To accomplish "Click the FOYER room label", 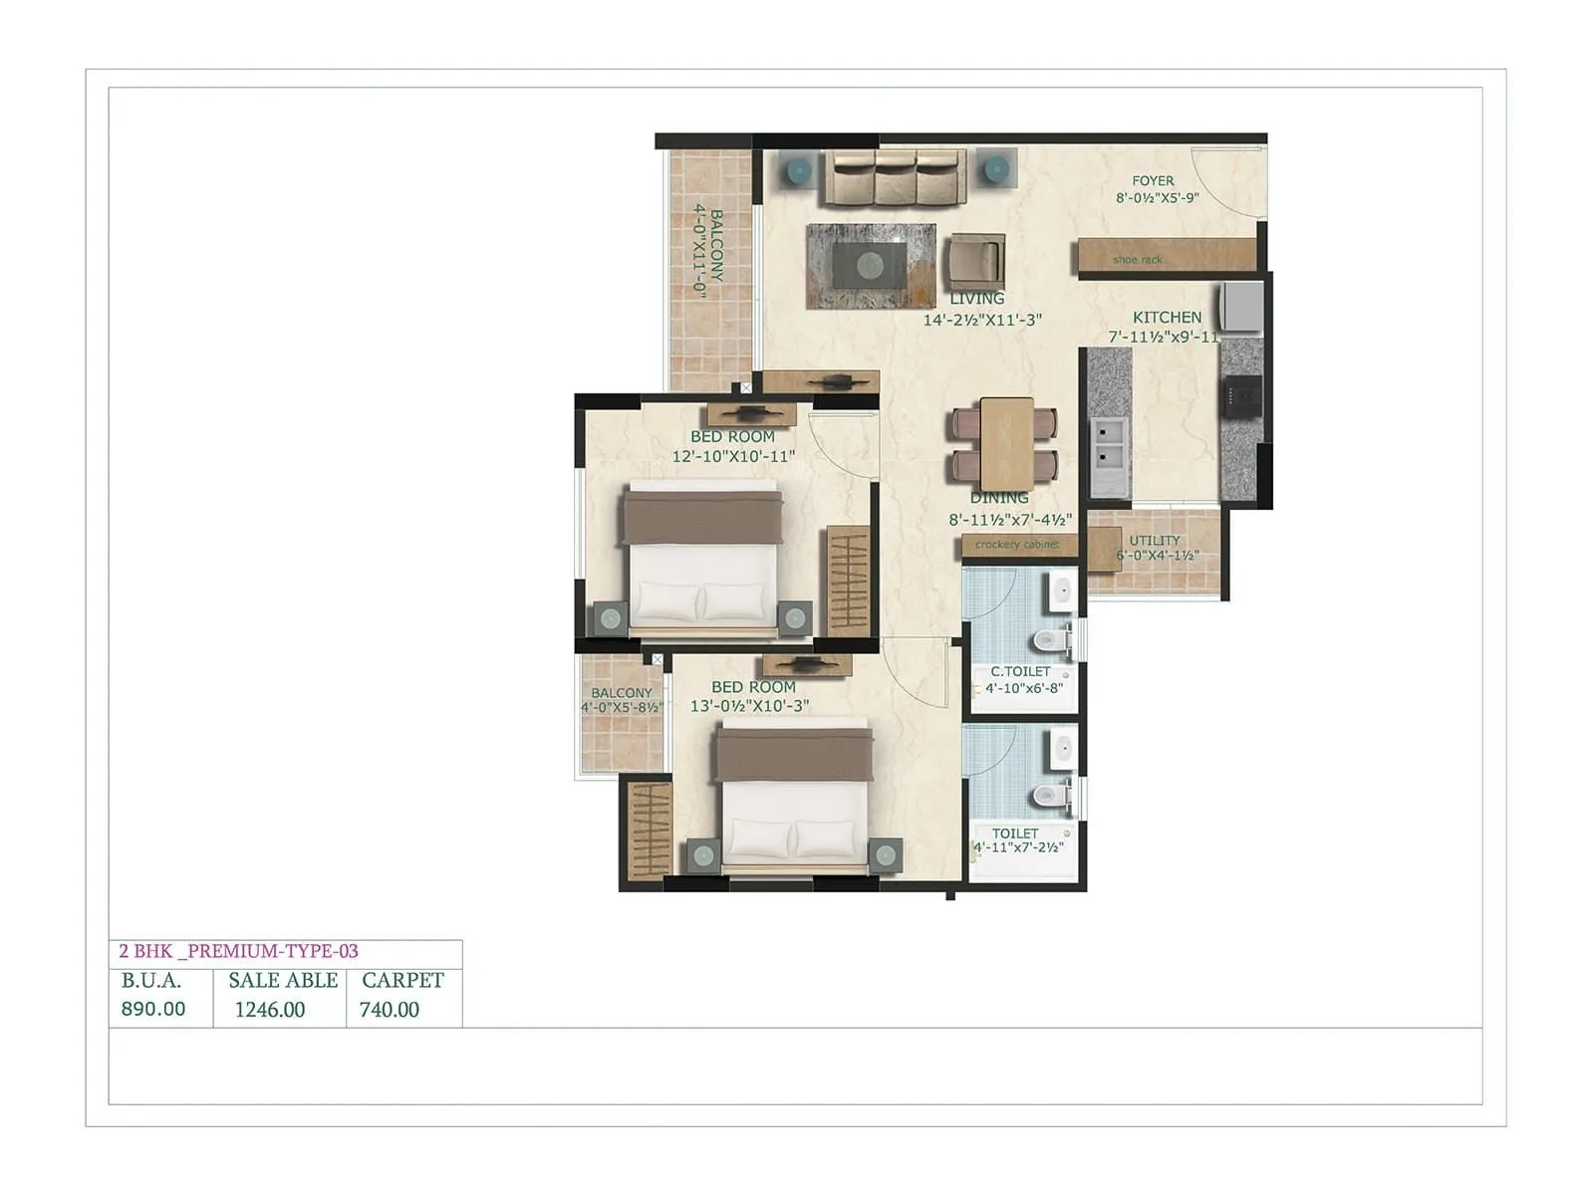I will (1153, 181).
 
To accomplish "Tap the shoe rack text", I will (1138, 260).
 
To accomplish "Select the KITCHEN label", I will (1167, 318).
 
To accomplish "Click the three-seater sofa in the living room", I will (894, 177).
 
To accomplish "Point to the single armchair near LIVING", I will (975, 261).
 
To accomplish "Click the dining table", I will (1006, 444).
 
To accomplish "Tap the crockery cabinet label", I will (1017, 545).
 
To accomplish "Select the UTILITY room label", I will (1155, 541).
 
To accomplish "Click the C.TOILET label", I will (1020, 671).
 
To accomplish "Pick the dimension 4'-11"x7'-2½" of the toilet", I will (1018, 848).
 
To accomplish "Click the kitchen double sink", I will (1109, 445).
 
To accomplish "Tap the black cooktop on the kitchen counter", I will (1242, 396).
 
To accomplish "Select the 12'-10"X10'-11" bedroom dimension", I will (733, 457).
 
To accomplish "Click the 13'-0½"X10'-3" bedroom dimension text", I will (749, 706).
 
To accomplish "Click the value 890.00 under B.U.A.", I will (153, 1009).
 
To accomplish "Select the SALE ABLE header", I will (283, 980).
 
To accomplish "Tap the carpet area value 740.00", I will (390, 1010).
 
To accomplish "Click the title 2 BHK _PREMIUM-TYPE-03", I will (239, 951).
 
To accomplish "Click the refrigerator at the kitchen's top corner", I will (1242, 307).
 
